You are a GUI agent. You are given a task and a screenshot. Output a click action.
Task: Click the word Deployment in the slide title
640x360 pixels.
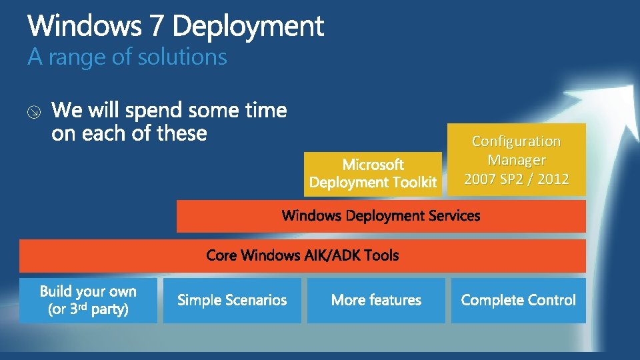pos(249,27)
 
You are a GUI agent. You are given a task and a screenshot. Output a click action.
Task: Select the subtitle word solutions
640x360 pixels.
pos(182,57)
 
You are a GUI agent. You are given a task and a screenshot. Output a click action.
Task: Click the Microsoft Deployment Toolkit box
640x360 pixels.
pos(373,173)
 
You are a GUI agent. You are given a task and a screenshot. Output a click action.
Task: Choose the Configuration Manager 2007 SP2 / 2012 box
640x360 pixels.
pos(516,160)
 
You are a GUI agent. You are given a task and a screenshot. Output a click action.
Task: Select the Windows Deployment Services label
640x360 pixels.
pos(381,216)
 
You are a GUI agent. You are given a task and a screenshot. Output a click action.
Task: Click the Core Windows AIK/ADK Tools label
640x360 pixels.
pos(303,255)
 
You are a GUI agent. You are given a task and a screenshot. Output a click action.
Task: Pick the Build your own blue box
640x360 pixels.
pos(88,301)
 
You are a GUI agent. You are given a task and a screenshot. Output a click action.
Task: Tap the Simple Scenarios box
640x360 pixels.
pos(232,301)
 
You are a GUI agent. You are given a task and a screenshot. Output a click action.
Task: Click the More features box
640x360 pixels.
pos(376,301)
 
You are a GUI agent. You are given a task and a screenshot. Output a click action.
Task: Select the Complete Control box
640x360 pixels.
pos(518,301)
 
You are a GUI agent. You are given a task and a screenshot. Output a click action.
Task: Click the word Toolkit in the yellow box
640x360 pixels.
pos(415,182)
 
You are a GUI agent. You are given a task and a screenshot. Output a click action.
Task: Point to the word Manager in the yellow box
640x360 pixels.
pos(516,160)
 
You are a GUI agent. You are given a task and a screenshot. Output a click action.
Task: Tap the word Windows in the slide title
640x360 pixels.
pos(85,27)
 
